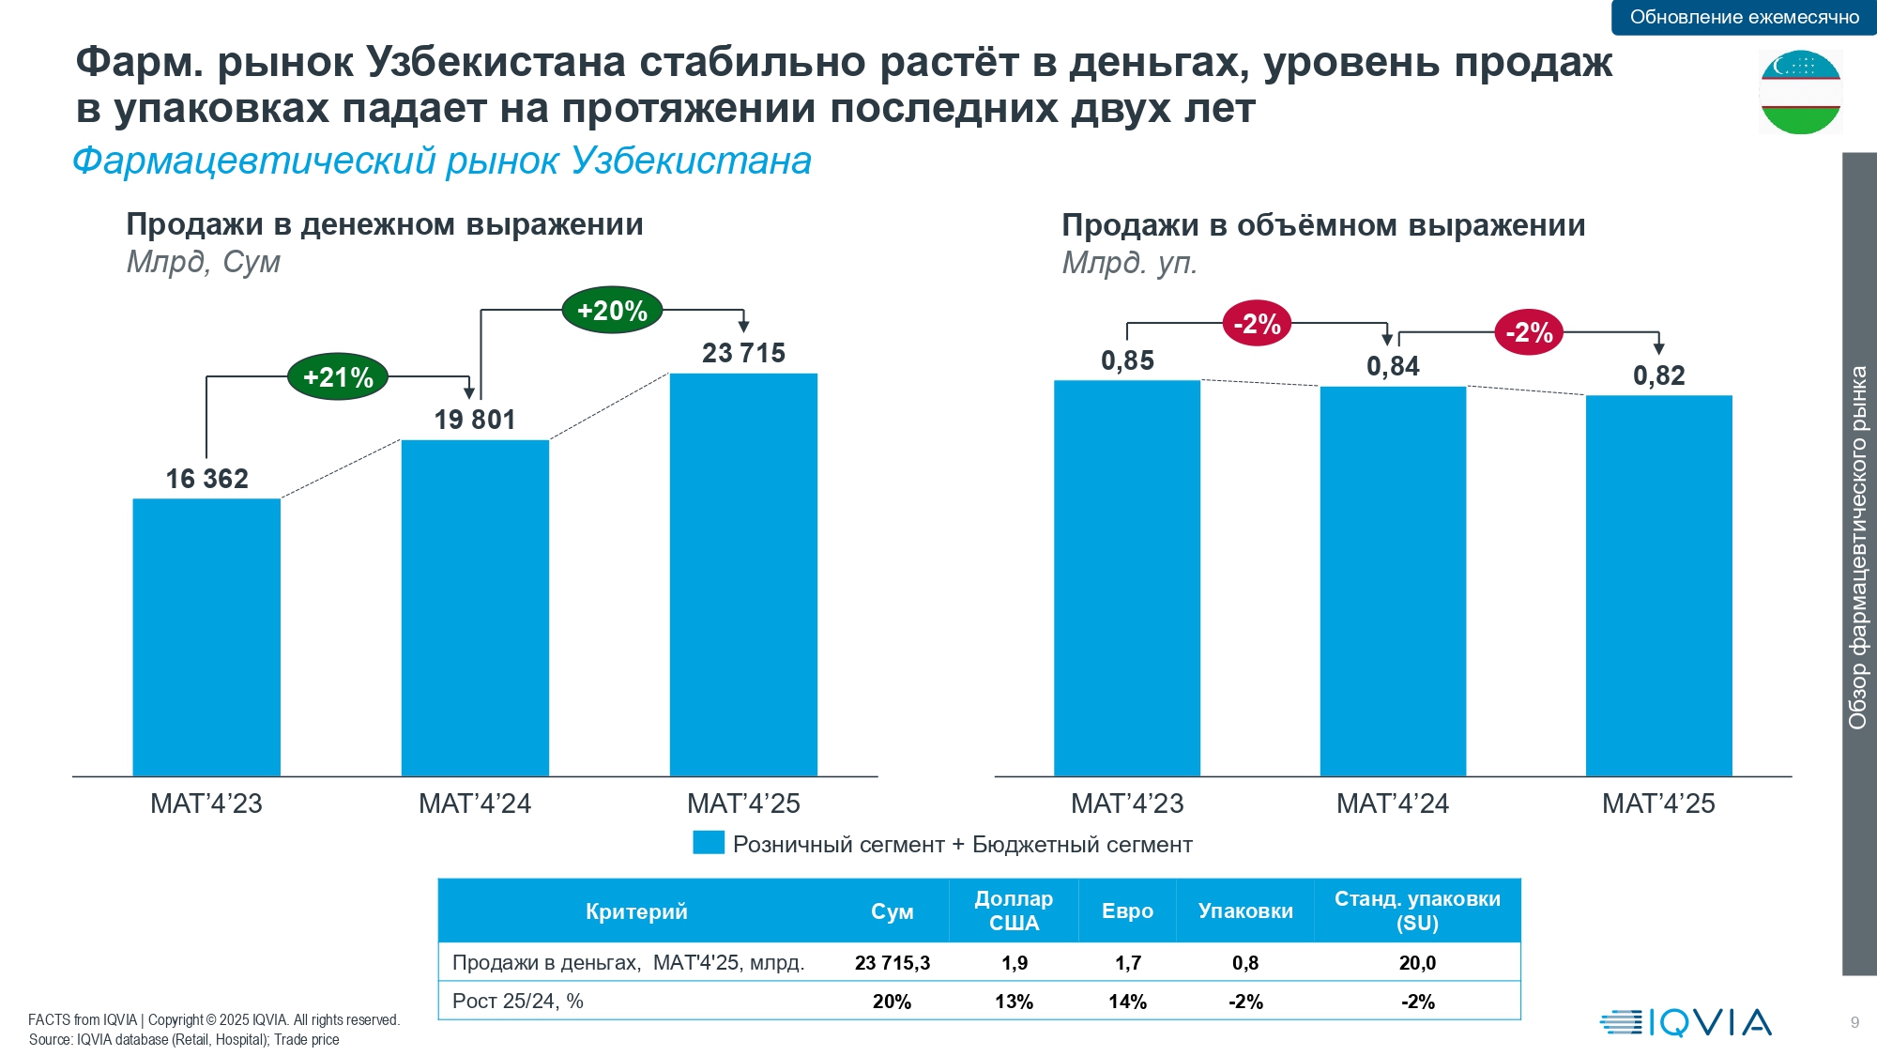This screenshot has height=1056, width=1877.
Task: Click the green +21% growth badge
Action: (338, 377)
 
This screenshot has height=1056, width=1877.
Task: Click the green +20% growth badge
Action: (612, 311)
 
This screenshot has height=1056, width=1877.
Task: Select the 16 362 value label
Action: (206, 479)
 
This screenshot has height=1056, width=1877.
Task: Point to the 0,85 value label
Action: (1127, 360)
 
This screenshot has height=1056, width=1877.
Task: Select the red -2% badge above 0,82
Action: (1529, 332)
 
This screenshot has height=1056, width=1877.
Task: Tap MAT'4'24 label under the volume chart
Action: (1392, 803)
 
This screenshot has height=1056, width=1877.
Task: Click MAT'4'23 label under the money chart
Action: (206, 803)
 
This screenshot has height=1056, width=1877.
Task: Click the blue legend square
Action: (709, 843)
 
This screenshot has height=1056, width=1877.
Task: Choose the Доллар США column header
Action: (1014, 911)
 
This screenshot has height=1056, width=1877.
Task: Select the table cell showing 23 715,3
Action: (892, 963)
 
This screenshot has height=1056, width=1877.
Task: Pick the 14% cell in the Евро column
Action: (1127, 1002)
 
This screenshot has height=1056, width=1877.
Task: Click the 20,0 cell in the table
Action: (1417, 963)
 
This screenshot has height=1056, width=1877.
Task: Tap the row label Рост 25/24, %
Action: (518, 1002)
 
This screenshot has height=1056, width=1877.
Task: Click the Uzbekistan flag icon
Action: (1800, 92)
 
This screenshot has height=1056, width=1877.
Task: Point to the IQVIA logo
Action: (1686, 1022)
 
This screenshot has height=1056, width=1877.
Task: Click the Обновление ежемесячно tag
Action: (1744, 17)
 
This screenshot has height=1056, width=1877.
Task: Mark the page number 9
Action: (1854, 1023)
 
